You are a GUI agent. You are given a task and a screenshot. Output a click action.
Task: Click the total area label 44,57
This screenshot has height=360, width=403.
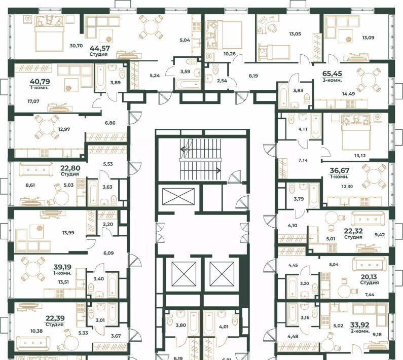[100, 48]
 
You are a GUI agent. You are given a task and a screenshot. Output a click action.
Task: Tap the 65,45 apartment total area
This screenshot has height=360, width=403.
[332, 74]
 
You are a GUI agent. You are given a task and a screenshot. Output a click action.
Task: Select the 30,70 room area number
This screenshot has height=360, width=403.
[76, 46]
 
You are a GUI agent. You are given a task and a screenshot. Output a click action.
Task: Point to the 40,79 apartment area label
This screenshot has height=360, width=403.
[40, 82]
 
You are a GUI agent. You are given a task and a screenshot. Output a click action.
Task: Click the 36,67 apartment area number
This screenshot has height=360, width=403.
[340, 170]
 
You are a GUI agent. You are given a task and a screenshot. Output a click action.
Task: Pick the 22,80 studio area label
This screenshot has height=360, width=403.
[70, 168]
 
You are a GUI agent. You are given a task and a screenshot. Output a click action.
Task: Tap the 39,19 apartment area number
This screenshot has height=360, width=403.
[62, 267]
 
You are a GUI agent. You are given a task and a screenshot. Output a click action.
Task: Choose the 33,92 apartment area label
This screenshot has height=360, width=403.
[359, 325]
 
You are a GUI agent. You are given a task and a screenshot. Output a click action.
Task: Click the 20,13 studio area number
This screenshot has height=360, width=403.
[370, 277]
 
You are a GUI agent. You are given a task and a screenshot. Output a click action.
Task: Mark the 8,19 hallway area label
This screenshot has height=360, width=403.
[253, 76]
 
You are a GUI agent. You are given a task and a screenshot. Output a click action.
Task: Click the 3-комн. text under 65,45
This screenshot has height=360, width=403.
[332, 80]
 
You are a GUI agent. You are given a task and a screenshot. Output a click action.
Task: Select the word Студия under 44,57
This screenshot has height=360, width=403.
[98, 54]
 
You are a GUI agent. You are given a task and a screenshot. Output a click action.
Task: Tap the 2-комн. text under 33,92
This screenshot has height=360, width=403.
[360, 331]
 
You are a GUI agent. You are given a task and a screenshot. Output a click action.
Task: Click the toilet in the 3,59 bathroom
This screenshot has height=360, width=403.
[190, 62]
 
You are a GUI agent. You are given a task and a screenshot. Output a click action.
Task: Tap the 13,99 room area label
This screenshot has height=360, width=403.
[68, 233]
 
